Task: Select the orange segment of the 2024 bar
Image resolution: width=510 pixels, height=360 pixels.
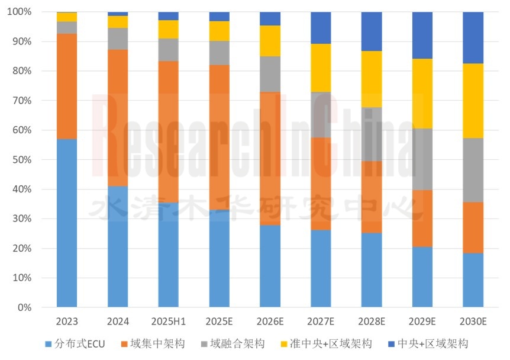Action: (118, 118)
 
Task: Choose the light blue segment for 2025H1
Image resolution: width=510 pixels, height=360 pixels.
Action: (169, 255)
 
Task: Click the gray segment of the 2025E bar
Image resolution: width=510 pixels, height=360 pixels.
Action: (220, 53)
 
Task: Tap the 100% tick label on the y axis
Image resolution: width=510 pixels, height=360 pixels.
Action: (21, 12)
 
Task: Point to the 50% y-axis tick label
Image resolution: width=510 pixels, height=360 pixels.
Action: (22, 160)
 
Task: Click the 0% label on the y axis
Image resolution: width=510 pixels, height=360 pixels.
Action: (25, 308)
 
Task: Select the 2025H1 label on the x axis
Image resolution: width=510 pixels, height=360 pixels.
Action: (169, 321)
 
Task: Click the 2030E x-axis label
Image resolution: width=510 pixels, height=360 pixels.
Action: (473, 321)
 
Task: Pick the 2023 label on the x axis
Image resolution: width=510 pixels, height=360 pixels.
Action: (67, 321)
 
